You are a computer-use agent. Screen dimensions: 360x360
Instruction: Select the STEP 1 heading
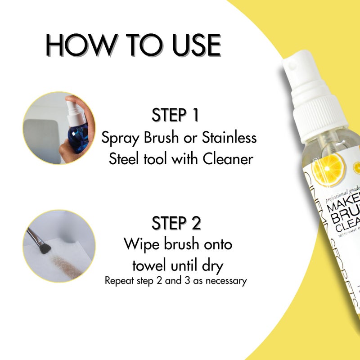coord(175,115)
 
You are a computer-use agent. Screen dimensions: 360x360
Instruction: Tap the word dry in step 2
coord(211,265)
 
